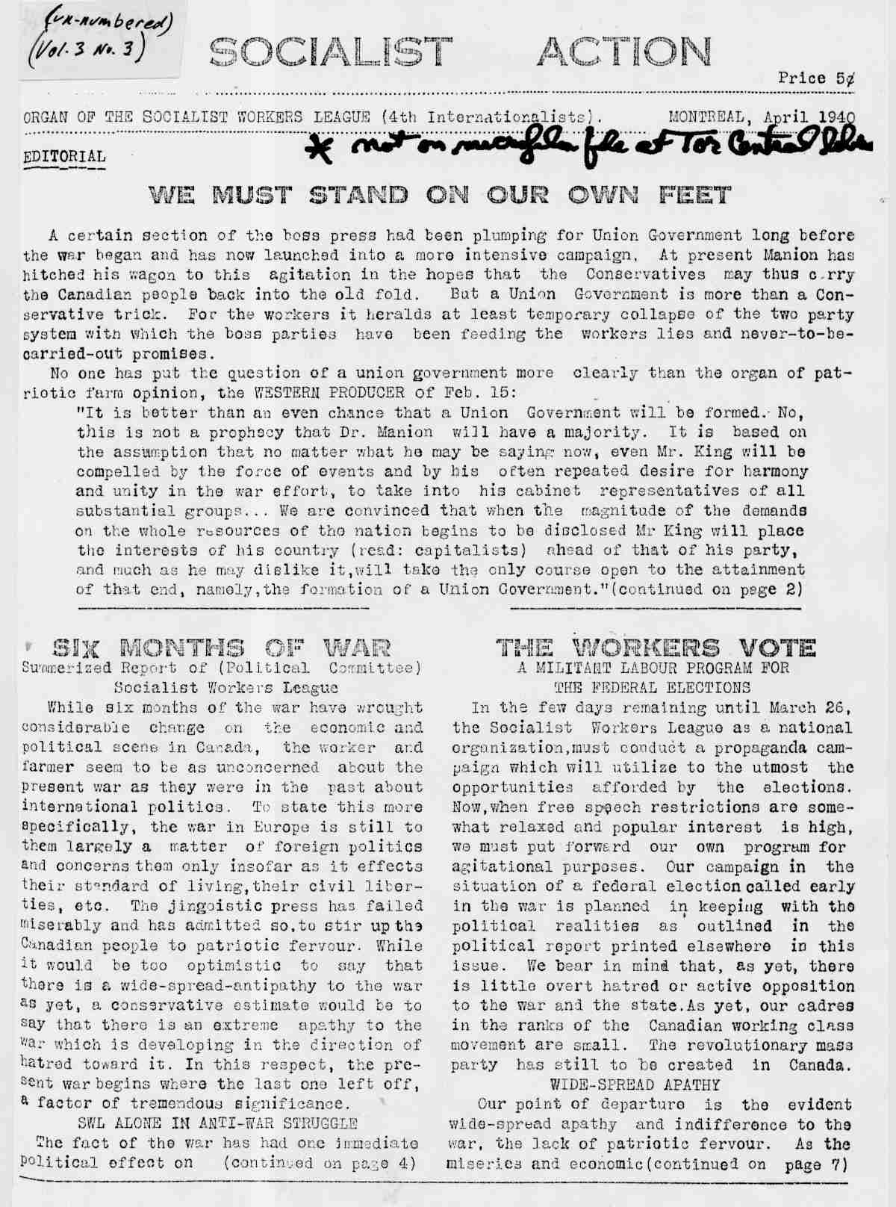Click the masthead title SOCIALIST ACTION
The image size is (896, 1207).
click(460, 52)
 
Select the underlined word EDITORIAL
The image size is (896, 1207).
click(64, 158)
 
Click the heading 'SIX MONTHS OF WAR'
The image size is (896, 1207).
click(220, 648)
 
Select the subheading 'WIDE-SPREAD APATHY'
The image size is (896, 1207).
click(635, 1084)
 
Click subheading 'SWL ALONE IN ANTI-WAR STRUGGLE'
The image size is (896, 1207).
click(217, 1123)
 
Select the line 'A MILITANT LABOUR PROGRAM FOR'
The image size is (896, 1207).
click(653, 668)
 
